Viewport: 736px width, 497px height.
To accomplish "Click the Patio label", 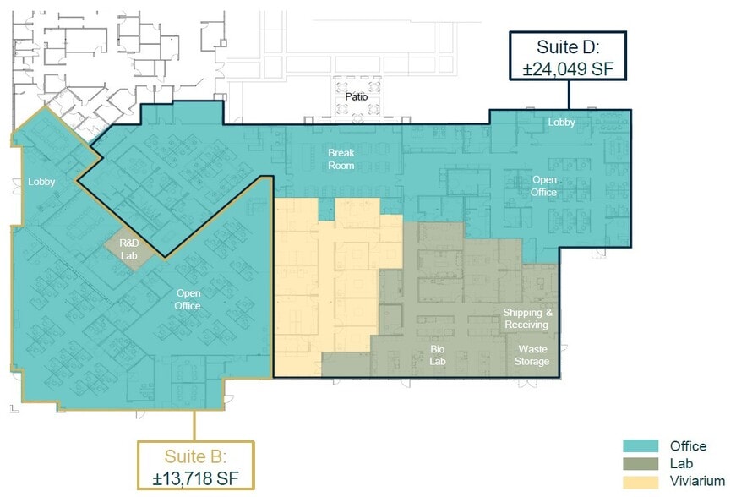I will point(357,97).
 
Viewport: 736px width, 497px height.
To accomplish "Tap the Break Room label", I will point(341,159).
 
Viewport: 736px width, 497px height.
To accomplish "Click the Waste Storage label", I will point(533,355).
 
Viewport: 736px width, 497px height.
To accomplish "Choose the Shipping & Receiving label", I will point(526,319).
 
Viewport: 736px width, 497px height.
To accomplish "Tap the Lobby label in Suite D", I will point(561,123).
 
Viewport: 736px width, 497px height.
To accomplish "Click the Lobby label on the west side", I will point(41,182).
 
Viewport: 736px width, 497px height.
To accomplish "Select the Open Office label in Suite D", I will point(543,186).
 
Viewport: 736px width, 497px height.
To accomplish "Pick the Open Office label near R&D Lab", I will point(188,300).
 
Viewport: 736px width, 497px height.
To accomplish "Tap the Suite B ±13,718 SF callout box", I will point(195,466).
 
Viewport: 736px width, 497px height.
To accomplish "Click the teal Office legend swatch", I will point(641,446).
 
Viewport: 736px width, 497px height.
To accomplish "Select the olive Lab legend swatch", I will point(641,463).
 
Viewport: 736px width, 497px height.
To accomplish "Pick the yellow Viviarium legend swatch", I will point(641,481).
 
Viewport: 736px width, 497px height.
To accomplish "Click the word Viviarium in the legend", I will point(697,481).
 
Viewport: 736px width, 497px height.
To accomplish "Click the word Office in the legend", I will point(688,446).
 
